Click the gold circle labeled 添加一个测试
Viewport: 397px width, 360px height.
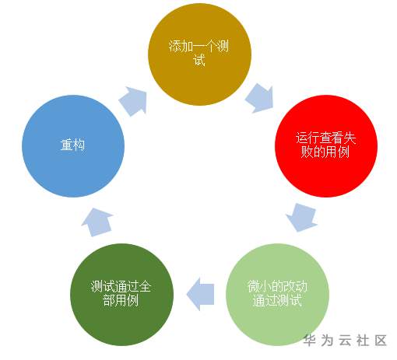(x=199, y=54)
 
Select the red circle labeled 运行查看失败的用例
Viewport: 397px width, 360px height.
(x=326, y=145)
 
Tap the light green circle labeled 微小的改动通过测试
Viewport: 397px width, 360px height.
(x=278, y=294)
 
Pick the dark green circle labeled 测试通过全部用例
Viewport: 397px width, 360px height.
(x=121, y=294)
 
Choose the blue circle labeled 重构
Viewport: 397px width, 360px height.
(x=73, y=145)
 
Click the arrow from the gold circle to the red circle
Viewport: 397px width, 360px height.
(x=260, y=98)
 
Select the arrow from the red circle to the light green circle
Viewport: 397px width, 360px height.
(x=302, y=217)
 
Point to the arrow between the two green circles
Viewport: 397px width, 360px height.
(x=200, y=294)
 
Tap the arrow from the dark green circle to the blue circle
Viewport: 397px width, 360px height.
(x=97, y=222)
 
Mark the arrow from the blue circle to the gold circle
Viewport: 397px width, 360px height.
(x=133, y=101)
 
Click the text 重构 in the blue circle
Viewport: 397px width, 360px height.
(x=72, y=145)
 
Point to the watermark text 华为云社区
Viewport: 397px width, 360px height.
(x=346, y=340)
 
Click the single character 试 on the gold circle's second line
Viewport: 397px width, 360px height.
(x=199, y=60)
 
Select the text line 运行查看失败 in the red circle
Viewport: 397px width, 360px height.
(x=326, y=138)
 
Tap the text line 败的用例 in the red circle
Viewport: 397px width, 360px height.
(x=325, y=152)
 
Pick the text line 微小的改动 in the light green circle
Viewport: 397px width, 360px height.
(x=277, y=286)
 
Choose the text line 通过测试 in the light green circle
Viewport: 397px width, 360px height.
(x=277, y=300)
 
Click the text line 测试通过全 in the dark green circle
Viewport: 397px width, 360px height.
(x=121, y=286)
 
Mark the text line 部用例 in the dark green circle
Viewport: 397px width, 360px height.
(x=121, y=300)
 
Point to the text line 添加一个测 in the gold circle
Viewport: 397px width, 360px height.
(x=199, y=46)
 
